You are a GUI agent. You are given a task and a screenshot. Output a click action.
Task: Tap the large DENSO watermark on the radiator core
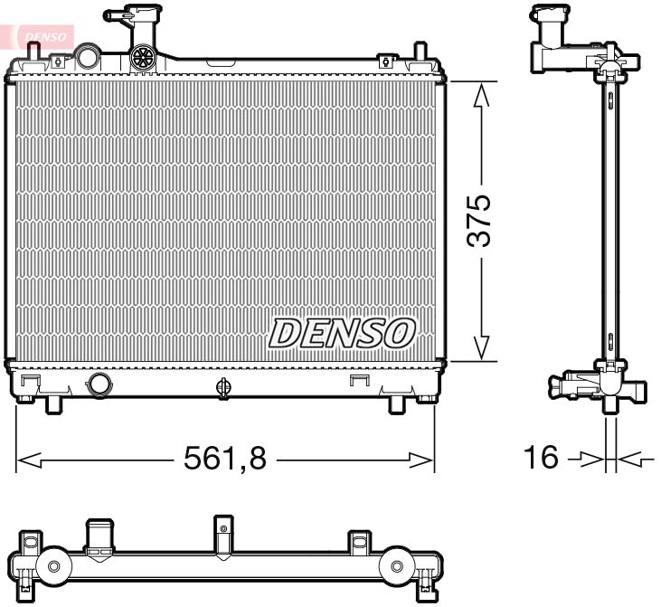click(x=342, y=333)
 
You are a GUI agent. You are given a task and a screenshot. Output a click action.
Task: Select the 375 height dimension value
click(x=478, y=220)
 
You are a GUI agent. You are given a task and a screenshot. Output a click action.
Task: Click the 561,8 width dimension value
click(x=225, y=460)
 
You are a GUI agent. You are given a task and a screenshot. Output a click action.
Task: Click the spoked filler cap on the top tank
click(x=144, y=58)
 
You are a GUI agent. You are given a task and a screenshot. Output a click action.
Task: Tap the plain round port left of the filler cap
click(x=88, y=57)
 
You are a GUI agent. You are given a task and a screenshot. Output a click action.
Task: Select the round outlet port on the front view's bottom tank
click(x=99, y=384)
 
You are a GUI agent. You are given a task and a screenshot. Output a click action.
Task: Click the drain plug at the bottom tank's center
click(x=223, y=386)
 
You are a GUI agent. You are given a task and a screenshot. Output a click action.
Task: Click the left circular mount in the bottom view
click(x=53, y=566)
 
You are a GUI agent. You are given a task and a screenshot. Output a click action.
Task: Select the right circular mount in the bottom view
click(x=397, y=566)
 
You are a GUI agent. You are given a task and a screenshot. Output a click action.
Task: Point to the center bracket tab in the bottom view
click(x=223, y=534)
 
